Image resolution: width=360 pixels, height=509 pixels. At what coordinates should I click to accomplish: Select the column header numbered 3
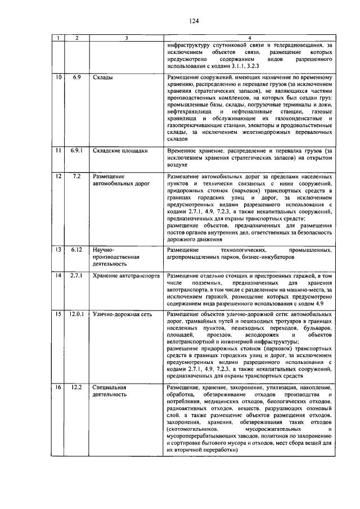point(127,38)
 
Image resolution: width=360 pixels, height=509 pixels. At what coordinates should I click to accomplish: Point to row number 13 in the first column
point(58,249)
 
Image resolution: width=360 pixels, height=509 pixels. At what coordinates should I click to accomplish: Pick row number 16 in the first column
point(58,388)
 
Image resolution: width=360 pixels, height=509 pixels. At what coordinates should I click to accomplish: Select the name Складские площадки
point(120,151)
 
